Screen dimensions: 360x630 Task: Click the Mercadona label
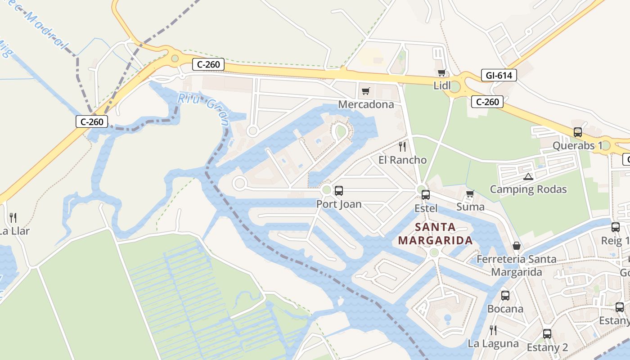tap(366, 105)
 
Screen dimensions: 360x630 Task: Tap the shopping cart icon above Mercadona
tap(365, 91)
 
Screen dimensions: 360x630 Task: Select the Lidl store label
tap(442, 85)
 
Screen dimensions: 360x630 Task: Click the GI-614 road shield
tap(499, 75)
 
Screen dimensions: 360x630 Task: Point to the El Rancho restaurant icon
tap(402, 146)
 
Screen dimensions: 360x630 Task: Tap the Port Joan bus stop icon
tap(339, 191)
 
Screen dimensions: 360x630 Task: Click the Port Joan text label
tap(339, 204)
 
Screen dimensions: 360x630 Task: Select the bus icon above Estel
tap(426, 195)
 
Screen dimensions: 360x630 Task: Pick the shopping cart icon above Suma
tap(470, 194)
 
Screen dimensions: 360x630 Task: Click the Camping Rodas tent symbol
tap(528, 176)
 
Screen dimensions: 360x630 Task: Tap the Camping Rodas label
tap(528, 189)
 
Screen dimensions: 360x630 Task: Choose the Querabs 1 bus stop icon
tap(578, 132)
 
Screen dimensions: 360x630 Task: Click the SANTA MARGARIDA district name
tap(435, 234)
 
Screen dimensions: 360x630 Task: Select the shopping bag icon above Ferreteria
tap(517, 246)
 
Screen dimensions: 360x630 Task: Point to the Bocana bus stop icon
tap(505, 296)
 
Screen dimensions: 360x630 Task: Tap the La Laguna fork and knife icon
tap(493, 330)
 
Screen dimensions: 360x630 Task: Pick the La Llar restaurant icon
tap(13, 218)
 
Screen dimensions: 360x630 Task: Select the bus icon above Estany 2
tap(547, 334)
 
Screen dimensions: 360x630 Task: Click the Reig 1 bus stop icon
tap(616, 227)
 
